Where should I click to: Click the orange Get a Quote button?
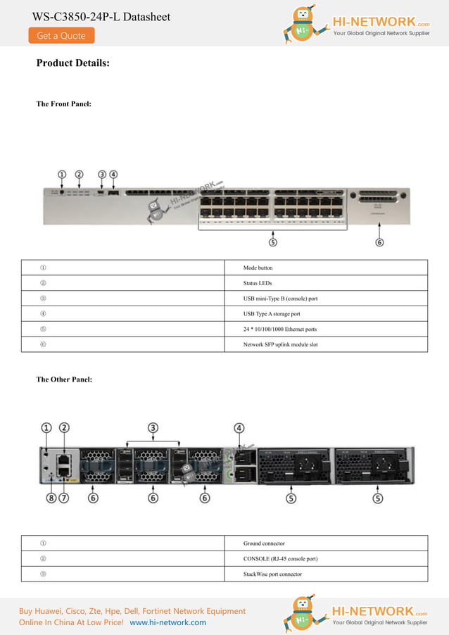pos(61,35)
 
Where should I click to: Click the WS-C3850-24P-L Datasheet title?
pos(101,16)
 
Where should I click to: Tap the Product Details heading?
pos(72,63)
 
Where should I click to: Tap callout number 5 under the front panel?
pos(273,242)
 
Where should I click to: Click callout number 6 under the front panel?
pos(379,242)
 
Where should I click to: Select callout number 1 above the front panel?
pos(62,174)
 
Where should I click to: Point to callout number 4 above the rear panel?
pos(239,427)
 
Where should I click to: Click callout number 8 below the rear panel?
pos(51,498)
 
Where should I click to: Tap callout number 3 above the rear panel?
pos(153,427)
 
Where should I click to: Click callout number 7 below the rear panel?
pos(64,498)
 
